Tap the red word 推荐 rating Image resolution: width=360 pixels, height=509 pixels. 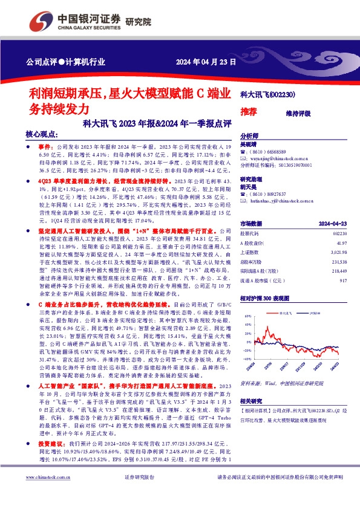tap(248, 112)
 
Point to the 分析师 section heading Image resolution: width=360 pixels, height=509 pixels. tap(249, 136)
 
